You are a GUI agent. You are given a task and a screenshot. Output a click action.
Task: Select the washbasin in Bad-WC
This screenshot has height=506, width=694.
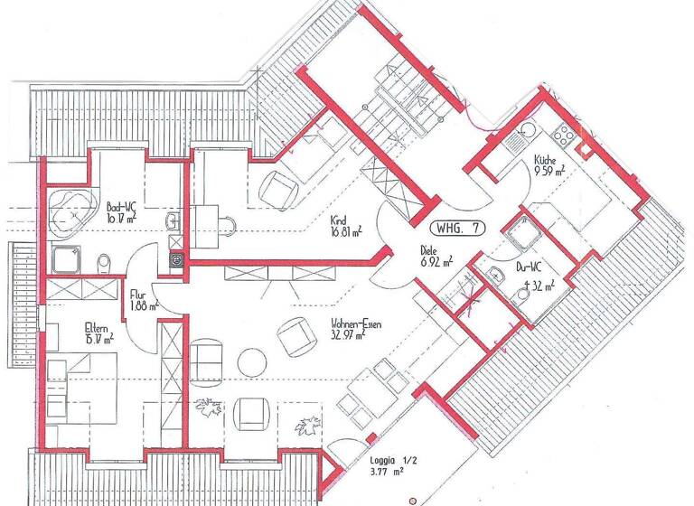click(173, 221)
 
